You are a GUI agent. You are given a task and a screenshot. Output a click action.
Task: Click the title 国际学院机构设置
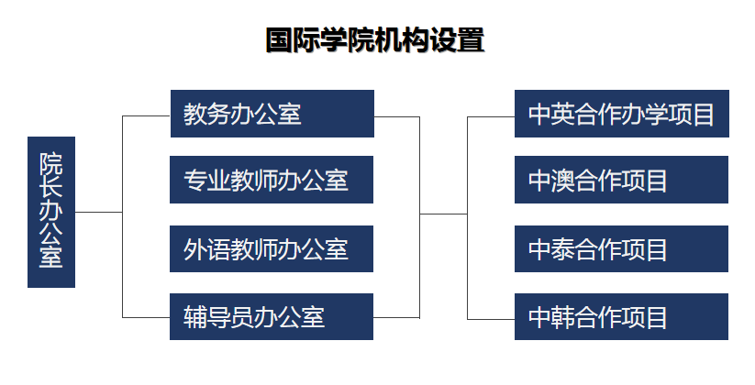pos(375,40)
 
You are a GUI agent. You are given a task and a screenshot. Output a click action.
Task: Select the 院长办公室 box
pos(51,213)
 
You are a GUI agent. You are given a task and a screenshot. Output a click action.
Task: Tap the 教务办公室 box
pos(272,114)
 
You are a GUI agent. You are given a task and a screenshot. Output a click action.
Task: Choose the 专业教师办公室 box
pos(272,180)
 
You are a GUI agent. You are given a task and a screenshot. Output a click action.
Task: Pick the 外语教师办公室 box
pos(272,248)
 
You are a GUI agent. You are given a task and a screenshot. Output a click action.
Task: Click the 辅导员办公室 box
pos(272,316)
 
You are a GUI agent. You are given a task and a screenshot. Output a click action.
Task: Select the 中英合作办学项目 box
pos(622,114)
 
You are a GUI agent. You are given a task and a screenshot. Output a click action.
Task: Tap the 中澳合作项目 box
pos(621,180)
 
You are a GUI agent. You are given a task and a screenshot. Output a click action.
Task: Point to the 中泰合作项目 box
pos(621,248)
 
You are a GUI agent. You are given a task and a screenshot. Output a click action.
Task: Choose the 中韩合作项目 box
pos(621,316)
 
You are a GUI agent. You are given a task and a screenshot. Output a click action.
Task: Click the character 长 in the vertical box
pos(51,187)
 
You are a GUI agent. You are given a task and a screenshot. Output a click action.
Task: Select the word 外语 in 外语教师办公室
pos(206,249)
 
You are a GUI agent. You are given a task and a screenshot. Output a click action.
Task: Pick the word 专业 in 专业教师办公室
pos(206,181)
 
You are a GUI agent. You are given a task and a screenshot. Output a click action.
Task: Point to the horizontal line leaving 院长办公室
pos(99,212)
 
